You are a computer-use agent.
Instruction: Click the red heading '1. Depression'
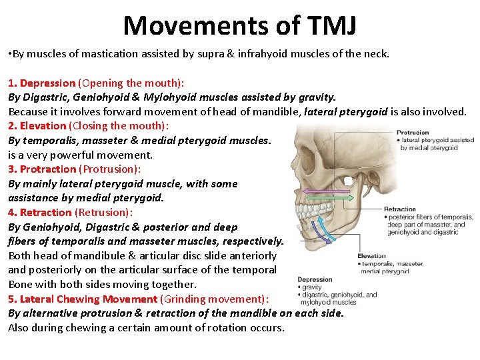point(41,83)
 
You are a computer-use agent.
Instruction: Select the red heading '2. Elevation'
point(37,125)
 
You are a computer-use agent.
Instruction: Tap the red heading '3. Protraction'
point(42,169)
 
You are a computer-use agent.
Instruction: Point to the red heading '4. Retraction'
point(39,212)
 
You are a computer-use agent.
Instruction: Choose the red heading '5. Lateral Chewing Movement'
point(83,299)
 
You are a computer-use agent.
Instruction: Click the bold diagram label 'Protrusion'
point(413,133)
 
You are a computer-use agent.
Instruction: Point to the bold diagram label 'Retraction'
point(400,209)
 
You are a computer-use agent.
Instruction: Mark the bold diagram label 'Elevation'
point(371,256)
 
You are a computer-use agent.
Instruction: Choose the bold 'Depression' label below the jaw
point(315,280)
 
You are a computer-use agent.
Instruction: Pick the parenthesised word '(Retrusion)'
point(103,212)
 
